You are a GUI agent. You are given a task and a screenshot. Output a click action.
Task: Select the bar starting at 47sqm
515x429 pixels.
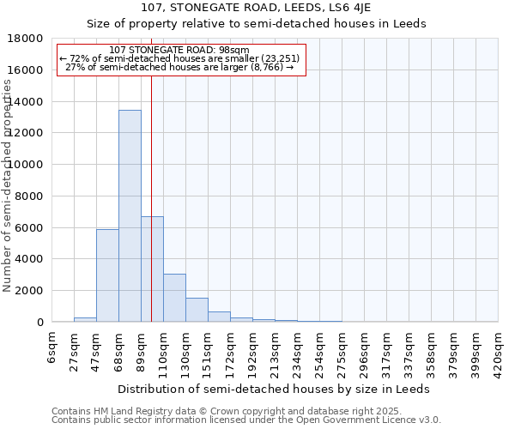click(x=107, y=275)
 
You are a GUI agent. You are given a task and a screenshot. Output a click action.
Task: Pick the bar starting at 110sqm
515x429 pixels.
click(x=174, y=298)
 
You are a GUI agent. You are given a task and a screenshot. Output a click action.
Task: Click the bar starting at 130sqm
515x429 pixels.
click(x=197, y=310)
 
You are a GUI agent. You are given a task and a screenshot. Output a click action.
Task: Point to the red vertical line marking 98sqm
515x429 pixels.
click(x=151, y=172)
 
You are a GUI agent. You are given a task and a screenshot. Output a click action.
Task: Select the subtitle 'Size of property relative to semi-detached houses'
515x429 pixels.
click(x=257, y=23)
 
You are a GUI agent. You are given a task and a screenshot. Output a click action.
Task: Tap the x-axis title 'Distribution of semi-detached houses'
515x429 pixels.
click(x=257, y=389)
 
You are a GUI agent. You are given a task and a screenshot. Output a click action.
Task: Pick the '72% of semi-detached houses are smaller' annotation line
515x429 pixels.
click(x=179, y=58)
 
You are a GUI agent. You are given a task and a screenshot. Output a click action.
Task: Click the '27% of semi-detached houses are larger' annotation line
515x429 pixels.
click(x=179, y=67)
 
